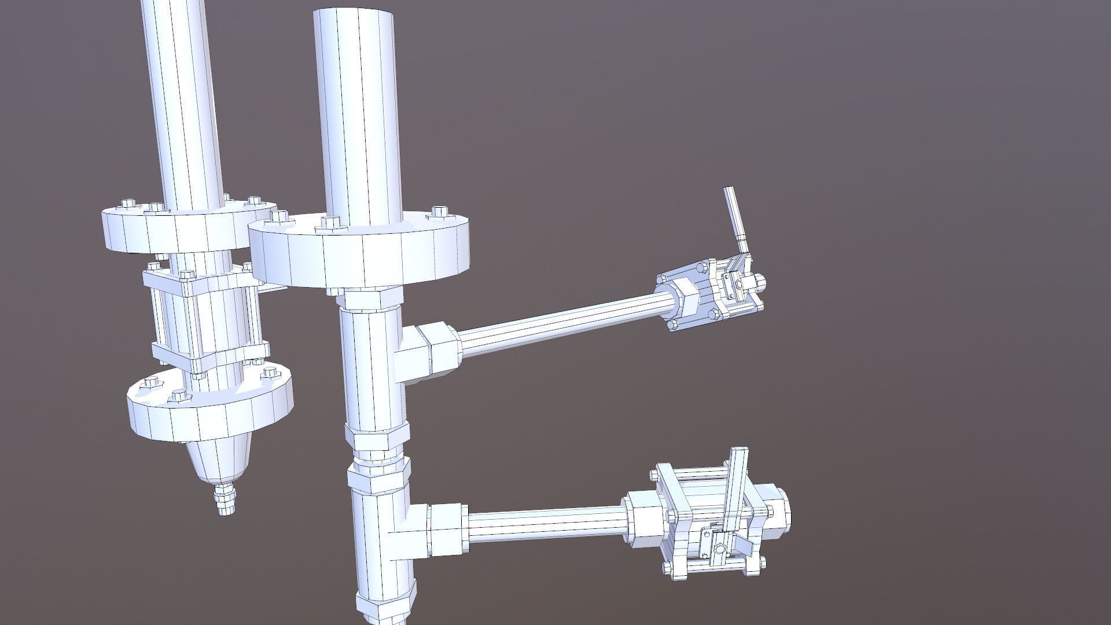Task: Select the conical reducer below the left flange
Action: (221, 460)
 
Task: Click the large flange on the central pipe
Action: (359, 255)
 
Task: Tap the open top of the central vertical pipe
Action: (354, 14)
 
